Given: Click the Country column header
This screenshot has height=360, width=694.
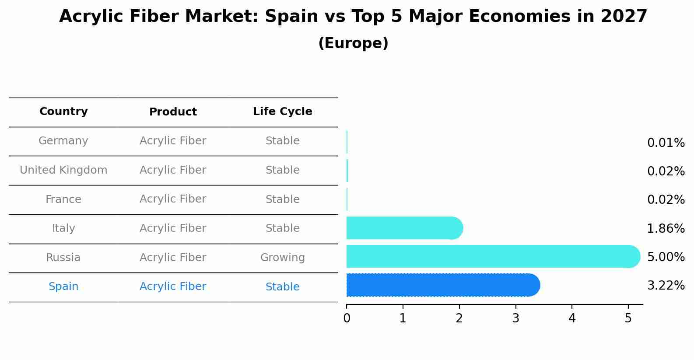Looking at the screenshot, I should click(x=63, y=112).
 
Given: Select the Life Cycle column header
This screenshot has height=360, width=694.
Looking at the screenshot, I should click(x=282, y=112).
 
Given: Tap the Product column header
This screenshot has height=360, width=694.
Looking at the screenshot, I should click(x=173, y=112).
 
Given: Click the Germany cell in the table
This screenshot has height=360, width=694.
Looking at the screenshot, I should click(x=63, y=141).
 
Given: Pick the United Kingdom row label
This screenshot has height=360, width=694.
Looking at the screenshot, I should click(x=63, y=170).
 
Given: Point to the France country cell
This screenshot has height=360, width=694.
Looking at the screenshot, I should click(x=63, y=199).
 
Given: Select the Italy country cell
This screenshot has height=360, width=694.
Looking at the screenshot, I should click(x=63, y=228).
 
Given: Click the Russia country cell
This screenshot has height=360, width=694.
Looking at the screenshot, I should click(x=63, y=258).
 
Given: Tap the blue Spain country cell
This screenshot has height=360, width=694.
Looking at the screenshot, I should click(x=63, y=287).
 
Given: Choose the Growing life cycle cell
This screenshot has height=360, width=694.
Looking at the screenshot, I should click(x=282, y=258).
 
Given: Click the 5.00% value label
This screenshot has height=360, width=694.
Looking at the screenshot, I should click(x=666, y=257).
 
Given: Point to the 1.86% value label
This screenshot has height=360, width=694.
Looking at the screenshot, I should click(x=666, y=228).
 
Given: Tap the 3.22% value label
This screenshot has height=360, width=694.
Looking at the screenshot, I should click(x=666, y=286).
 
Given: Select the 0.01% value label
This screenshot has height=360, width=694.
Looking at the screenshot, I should click(x=666, y=143).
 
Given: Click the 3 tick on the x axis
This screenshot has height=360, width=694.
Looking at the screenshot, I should click(x=515, y=318).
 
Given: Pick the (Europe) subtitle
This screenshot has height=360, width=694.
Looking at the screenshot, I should click(x=353, y=43).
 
